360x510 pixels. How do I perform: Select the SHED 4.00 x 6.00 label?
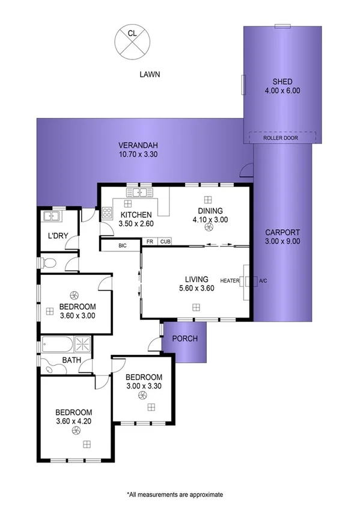pyautogui.click(x=282, y=86)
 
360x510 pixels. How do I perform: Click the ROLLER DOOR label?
pyautogui.click(x=281, y=138)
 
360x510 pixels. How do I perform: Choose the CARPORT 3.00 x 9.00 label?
pyautogui.click(x=282, y=236)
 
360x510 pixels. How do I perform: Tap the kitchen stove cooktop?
pyautogui.click(x=108, y=212)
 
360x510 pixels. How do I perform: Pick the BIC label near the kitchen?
pyautogui.click(x=122, y=245)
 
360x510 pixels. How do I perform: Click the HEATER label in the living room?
pyautogui.click(x=230, y=281)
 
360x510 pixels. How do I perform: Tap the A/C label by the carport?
pyautogui.click(x=263, y=281)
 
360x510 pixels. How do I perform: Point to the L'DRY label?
pyautogui.click(x=58, y=235)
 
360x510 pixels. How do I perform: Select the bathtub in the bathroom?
pyautogui.click(x=56, y=345)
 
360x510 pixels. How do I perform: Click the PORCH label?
pyautogui.click(x=185, y=339)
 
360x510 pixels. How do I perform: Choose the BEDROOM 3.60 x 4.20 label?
pyautogui.click(x=73, y=416)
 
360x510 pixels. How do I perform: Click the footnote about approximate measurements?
pyautogui.click(x=174, y=494)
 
